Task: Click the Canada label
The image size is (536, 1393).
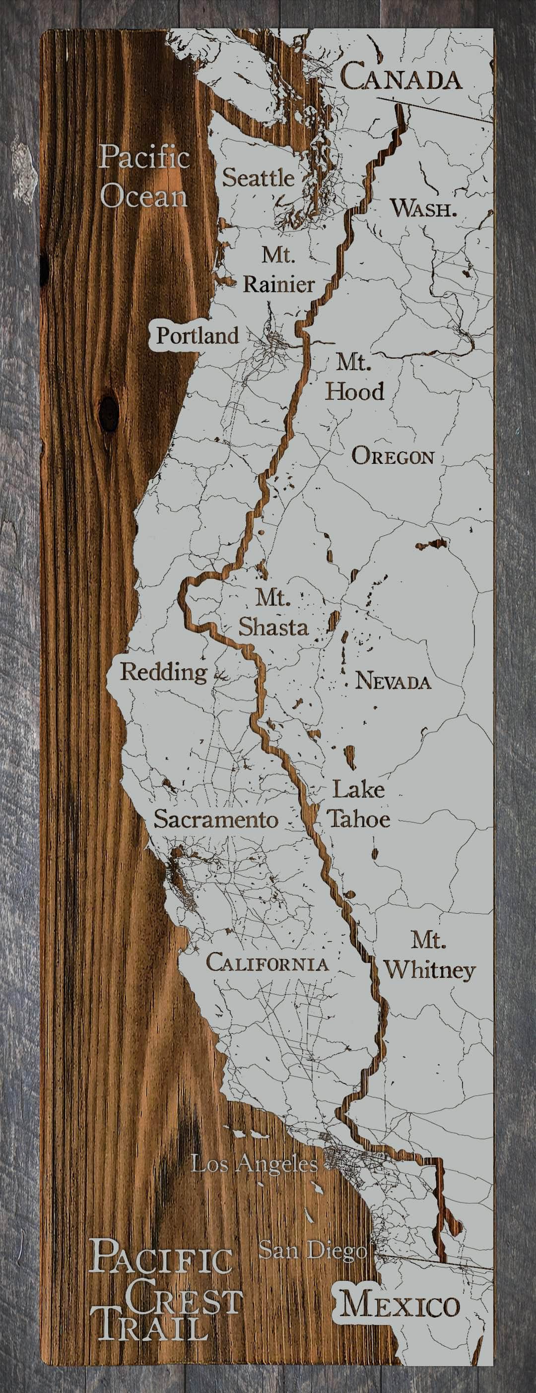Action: [401, 76]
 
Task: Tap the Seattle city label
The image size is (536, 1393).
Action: [259, 178]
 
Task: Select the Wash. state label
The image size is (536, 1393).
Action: [423, 208]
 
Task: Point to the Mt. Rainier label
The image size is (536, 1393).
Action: [278, 269]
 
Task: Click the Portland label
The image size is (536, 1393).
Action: [198, 336]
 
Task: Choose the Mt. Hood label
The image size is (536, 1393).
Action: [354, 377]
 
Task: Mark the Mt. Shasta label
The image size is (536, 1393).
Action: [273, 613]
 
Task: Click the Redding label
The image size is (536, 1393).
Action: [163, 672]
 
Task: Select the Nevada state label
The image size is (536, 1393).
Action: [393, 681]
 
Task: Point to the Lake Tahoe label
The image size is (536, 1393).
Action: [359, 804]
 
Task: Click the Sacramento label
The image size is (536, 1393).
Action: [216, 819]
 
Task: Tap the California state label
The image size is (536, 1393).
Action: [267, 963]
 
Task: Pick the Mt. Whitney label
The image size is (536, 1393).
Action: [429, 955]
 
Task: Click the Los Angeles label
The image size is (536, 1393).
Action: [254, 1163]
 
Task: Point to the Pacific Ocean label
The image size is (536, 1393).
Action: [144, 176]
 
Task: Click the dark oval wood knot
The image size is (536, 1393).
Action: [109, 413]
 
